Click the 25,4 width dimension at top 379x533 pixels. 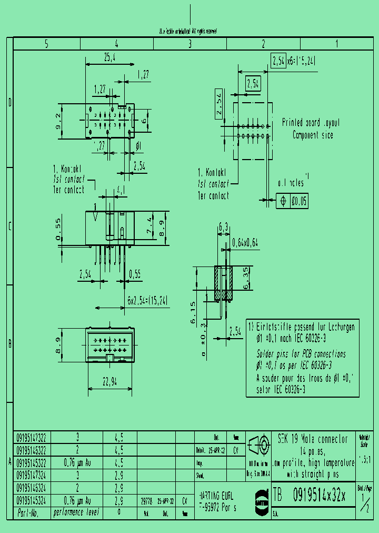coord(110,58)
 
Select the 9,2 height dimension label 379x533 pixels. coord(59,121)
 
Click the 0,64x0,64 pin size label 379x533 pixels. coord(246,243)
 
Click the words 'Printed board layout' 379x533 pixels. coord(311,123)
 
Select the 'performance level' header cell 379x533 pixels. coord(77,512)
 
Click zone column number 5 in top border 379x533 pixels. coord(47,44)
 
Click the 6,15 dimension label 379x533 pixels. coord(194,312)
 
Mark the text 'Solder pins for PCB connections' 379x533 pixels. coord(301,354)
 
